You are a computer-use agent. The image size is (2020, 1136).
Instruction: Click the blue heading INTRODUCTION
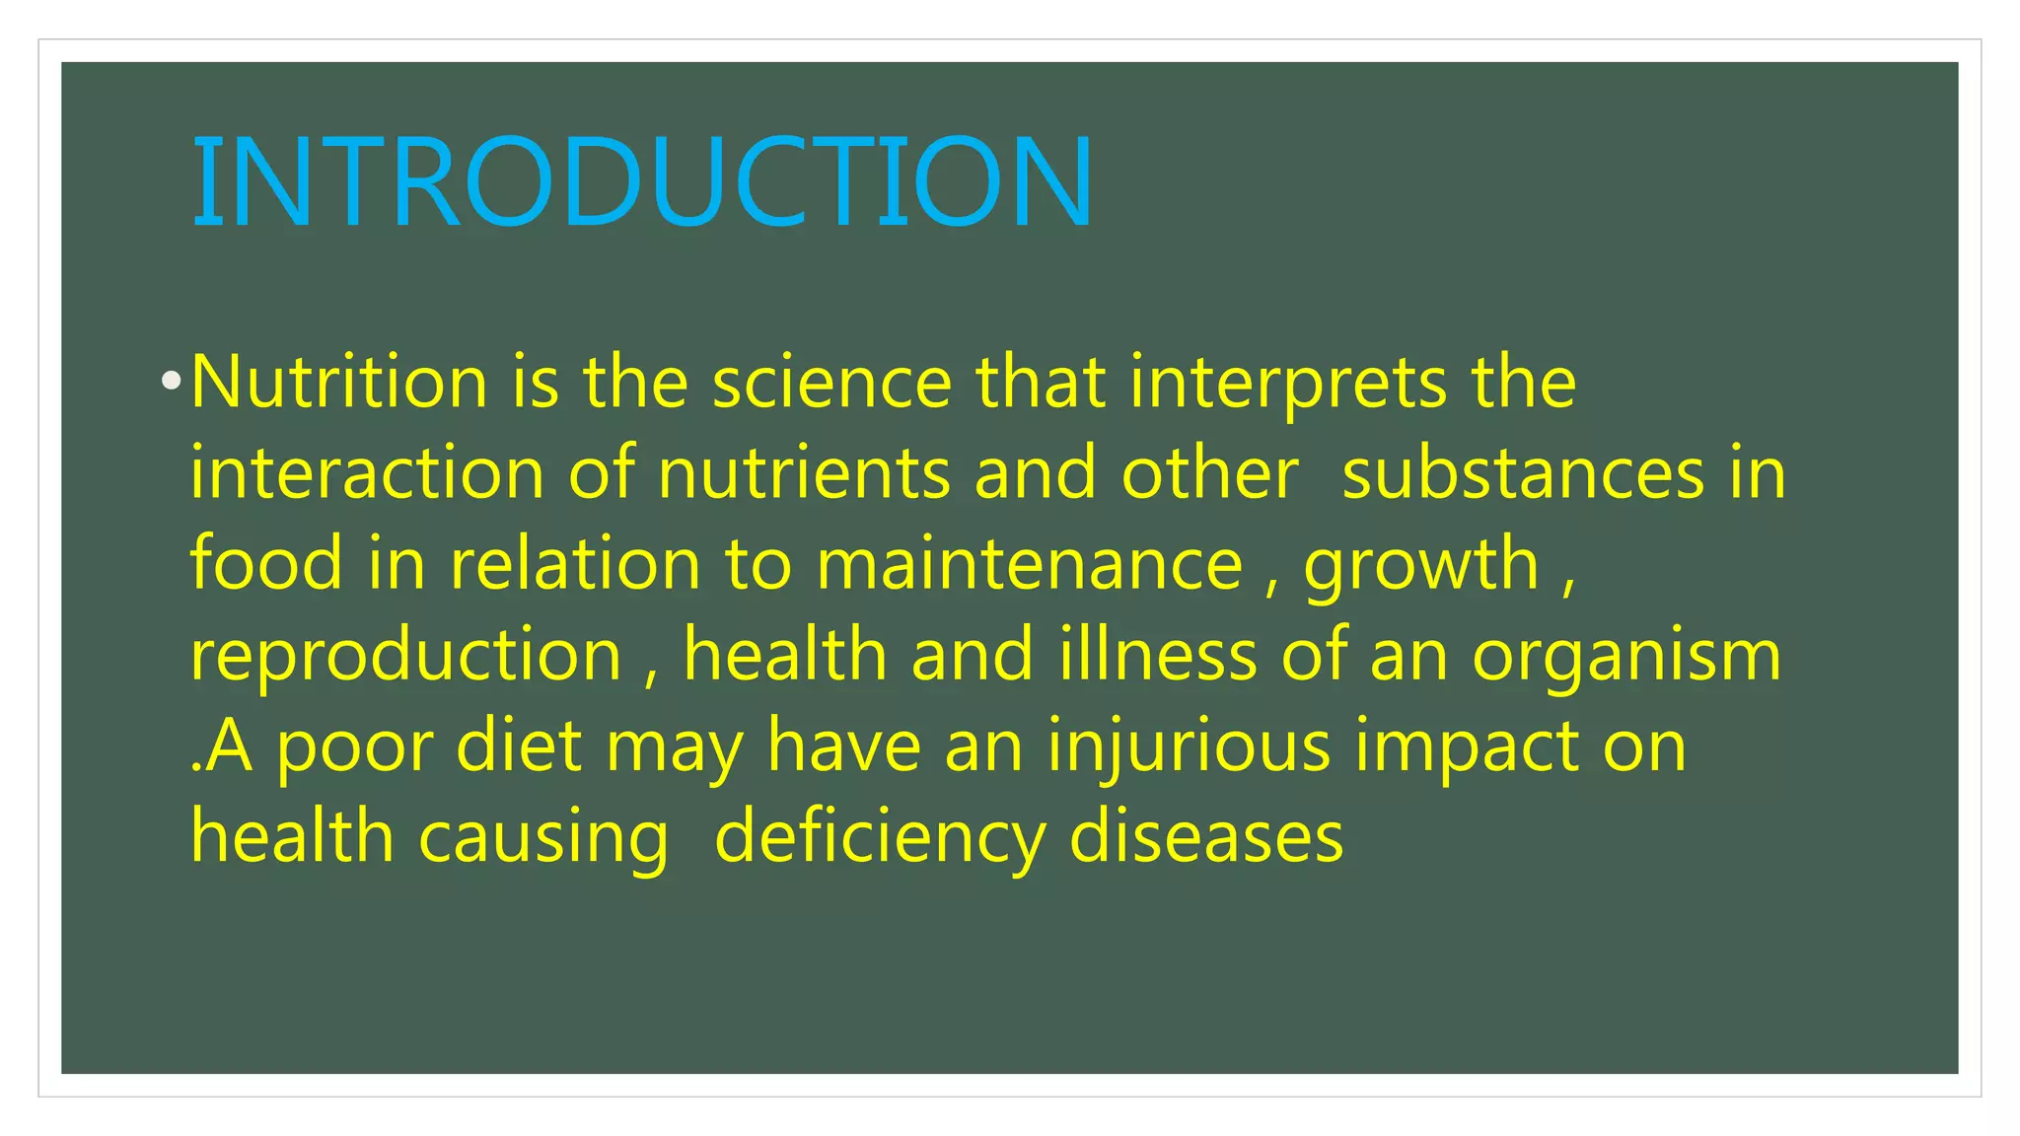point(642,182)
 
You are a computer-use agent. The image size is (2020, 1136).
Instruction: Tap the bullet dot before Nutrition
point(172,380)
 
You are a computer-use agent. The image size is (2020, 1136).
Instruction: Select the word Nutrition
point(338,383)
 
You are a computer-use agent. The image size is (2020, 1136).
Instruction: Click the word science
point(832,383)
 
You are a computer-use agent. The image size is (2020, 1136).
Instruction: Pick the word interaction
point(367,473)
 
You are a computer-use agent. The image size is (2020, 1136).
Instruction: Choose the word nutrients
point(804,473)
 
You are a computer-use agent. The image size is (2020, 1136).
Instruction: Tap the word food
point(266,563)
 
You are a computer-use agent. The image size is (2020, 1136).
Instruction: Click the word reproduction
point(405,656)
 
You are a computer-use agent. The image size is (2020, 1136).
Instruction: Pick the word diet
point(518,745)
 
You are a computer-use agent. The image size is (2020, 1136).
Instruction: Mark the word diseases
point(1205,836)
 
